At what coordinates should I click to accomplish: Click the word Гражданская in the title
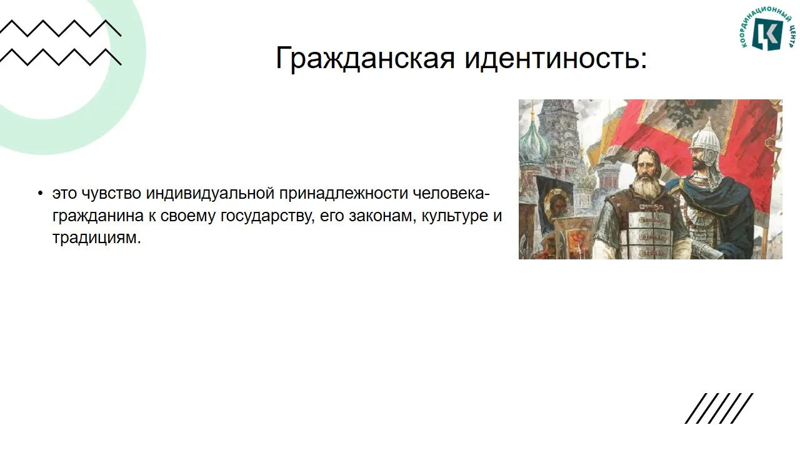(365, 58)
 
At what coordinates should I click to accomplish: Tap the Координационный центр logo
(767, 28)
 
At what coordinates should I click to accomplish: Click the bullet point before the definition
(40, 194)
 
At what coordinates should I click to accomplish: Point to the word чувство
(111, 193)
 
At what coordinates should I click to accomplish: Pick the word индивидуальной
(210, 193)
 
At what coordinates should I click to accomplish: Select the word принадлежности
(344, 193)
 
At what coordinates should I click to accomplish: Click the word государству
(267, 216)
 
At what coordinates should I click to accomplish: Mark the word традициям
(96, 238)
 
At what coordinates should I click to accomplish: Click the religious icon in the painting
(556, 204)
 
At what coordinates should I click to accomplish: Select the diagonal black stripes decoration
(719, 408)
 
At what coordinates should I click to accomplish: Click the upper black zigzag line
(61, 28)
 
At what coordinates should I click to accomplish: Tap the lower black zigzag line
(61, 57)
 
